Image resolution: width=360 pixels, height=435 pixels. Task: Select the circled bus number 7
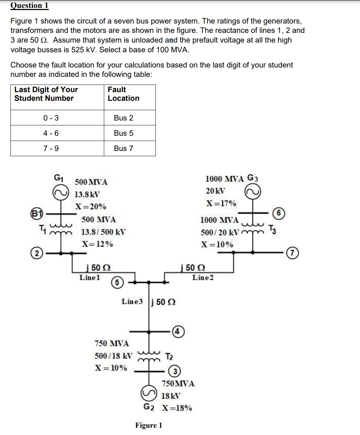[x=293, y=253]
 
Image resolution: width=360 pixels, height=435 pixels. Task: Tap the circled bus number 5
[x=117, y=283]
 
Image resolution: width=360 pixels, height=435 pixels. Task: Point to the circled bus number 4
[x=177, y=331]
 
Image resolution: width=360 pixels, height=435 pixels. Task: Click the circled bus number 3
[x=175, y=372]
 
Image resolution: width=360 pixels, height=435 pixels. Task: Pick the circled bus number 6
[x=279, y=213]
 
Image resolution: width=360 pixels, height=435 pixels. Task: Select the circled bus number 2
[x=37, y=254]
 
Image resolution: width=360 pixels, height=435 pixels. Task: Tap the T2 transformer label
[x=169, y=356]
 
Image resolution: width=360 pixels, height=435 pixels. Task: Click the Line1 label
[x=90, y=277]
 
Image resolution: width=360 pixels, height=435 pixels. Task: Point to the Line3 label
[x=132, y=301]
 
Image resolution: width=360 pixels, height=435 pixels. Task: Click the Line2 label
[x=203, y=277]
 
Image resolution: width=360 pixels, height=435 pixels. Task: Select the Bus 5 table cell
[x=124, y=133]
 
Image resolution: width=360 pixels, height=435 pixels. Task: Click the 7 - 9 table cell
[x=51, y=148]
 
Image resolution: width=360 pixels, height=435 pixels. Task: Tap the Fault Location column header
[x=124, y=94]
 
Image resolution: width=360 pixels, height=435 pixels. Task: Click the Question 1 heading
[x=29, y=6]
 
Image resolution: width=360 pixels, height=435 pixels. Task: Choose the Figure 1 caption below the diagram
[x=148, y=425]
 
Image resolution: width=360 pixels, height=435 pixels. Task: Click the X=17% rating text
[x=221, y=203]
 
